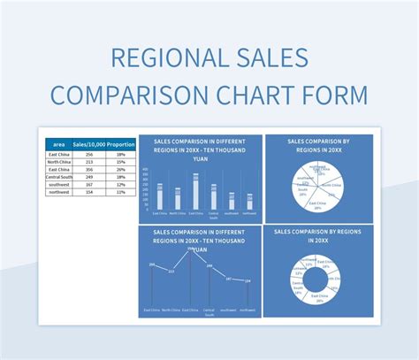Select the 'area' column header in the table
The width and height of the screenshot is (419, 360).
coord(58,143)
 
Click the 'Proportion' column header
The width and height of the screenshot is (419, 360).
coord(118,143)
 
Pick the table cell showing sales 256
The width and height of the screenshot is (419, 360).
coord(89,154)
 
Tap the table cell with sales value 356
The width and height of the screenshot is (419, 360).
coord(89,168)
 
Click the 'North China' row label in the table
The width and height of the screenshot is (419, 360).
coord(58,161)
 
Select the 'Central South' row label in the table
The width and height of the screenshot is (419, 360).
coord(58,176)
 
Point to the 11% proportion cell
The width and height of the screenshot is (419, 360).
coord(119,190)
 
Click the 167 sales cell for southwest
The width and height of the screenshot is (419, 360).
coord(89,183)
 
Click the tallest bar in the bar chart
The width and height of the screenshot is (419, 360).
coord(195,192)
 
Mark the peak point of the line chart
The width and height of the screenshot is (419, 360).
coord(188,250)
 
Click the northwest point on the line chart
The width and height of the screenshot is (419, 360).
coord(248,281)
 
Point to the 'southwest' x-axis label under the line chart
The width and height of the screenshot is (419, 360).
coord(229,310)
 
